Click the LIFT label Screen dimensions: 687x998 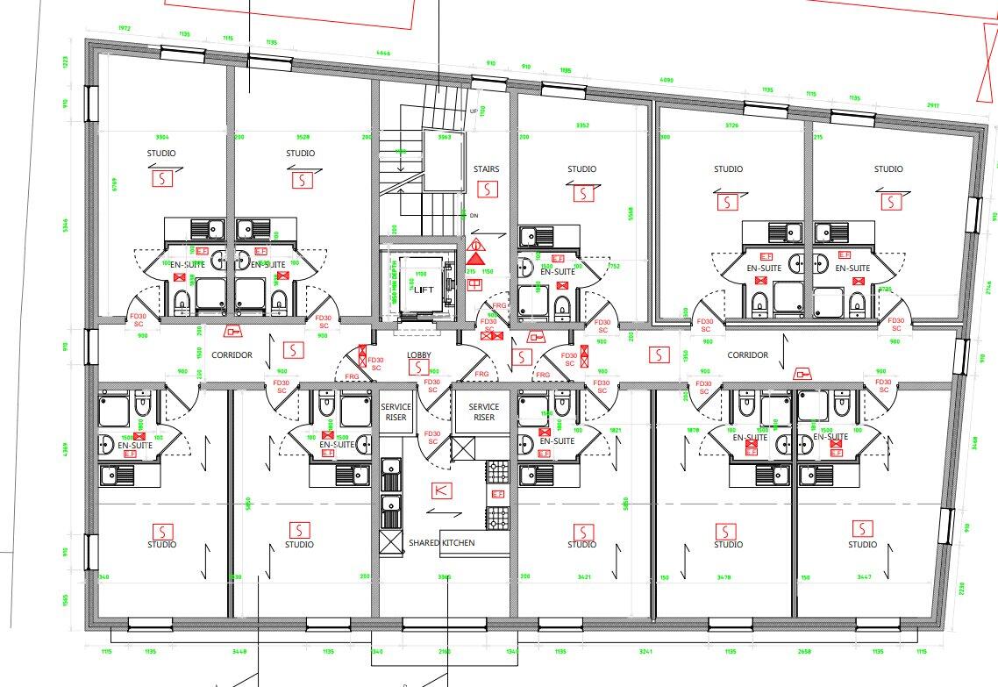point(424,290)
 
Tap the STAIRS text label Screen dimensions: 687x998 point(486,169)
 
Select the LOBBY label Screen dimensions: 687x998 point(419,355)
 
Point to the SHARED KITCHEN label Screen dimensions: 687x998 point(441,543)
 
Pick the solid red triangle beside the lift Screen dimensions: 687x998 point(475,258)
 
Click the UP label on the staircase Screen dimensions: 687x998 point(474,111)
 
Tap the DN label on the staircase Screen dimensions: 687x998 point(474,215)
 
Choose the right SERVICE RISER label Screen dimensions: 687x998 point(483,411)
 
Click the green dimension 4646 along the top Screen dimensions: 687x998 point(383,54)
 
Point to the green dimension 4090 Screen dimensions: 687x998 point(666,81)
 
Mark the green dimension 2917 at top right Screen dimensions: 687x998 point(932,104)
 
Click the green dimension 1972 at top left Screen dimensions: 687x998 point(124,29)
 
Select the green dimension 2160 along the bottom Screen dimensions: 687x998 point(445,652)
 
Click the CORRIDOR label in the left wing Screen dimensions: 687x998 point(232,355)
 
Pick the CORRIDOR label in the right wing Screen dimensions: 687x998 point(748,355)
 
